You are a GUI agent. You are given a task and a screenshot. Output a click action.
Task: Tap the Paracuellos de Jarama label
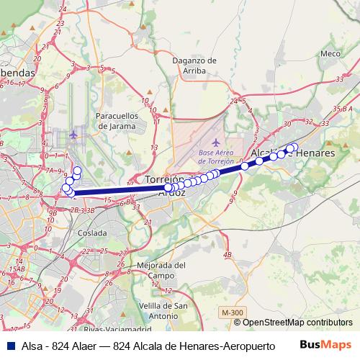pyautogui.click(x=116, y=120)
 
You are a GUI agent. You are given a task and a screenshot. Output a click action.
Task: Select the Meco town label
pyautogui.click(x=330, y=53)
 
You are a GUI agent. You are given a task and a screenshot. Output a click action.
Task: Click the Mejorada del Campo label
pyautogui.click(x=161, y=270)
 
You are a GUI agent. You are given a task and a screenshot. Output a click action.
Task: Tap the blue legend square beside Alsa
pyautogui.click(x=9, y=345)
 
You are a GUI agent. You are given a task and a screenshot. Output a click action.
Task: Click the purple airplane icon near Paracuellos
pyautogui.click(x=73, y=135)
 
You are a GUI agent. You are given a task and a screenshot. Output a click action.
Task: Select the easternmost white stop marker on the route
pyautogui.click(x=294, y=148)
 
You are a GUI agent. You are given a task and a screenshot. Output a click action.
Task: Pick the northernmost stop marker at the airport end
pyautogui.click(x=76, y=170)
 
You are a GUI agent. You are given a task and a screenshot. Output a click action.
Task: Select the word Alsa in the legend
pyautogui.click(x=31, y=345)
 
